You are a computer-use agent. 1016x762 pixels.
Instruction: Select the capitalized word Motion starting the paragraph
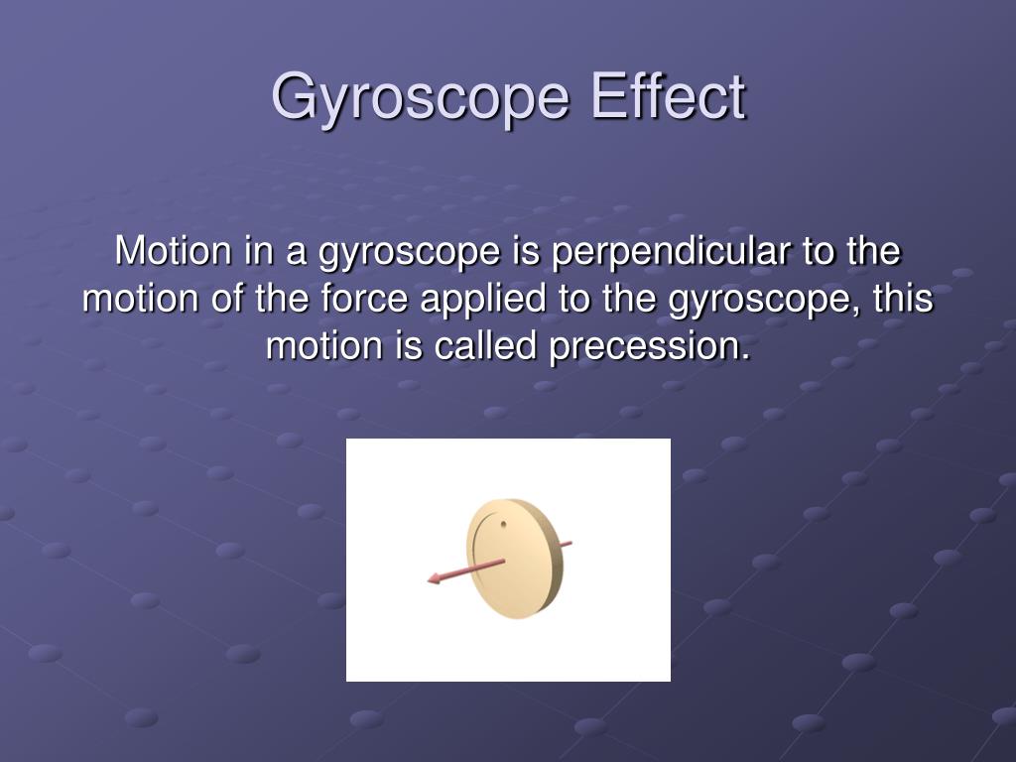click(173, 250)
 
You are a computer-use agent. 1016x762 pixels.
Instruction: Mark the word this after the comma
click(903, 299)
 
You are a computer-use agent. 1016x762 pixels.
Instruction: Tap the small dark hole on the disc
click(503, 524)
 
